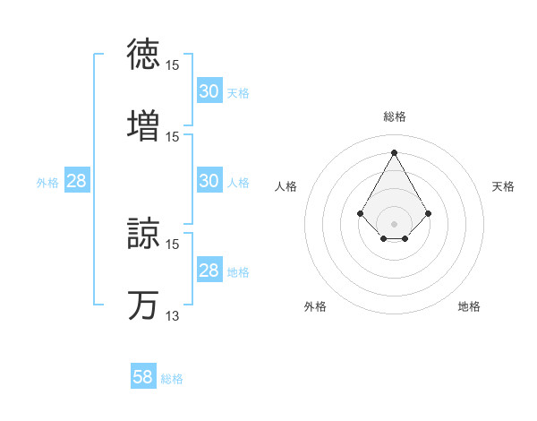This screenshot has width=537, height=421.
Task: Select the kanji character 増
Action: (x=144, y=125)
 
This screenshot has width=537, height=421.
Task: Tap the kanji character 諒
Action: (x=144, y=233)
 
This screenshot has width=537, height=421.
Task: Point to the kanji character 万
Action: (x=144, y=305)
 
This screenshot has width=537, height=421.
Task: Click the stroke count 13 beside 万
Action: (x=173, y=316)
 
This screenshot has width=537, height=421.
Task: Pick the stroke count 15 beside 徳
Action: (x=173, y=65)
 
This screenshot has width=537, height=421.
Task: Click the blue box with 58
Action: (x=143, y=377)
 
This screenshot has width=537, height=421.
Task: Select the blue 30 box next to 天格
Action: (x=209, y=91)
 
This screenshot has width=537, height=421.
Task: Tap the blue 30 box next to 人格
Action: (x=209, y=181)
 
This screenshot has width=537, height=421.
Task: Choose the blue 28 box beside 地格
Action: (x=209, y=271)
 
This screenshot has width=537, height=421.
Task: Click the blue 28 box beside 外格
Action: (x=77, y=181)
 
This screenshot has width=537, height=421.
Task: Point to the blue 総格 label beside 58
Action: (x=172, y=379)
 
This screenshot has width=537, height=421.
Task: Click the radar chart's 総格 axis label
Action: (x=395, y=116)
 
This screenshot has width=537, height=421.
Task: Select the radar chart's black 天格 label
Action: (x=504, y=186)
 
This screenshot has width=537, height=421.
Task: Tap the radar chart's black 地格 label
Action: (x=469, y=306)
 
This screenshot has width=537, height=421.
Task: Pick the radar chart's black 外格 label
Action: (x=315, y=306)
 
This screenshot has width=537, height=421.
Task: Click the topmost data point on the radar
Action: (x=395, y=151)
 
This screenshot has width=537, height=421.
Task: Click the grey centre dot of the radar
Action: (x=395, y=223)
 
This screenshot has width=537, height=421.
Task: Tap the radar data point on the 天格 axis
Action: (x=429, y=213)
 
